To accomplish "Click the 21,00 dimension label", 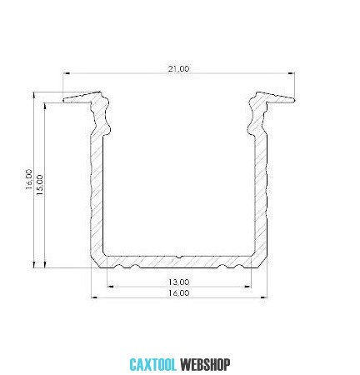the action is tap(178, 68).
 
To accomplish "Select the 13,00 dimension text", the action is tap(179, 282).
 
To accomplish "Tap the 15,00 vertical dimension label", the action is tap(40, 185).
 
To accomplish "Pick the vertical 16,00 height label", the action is tap(29, 179).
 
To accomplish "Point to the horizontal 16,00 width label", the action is tap(179, 292).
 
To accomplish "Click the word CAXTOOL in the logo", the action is tap(153, 365).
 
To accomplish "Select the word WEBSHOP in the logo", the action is tap(205, 365).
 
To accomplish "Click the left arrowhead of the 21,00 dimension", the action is tap(66, 73).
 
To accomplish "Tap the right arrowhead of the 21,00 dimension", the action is tap(292, 73).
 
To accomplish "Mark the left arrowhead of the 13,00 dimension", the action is tap(110, 287).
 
